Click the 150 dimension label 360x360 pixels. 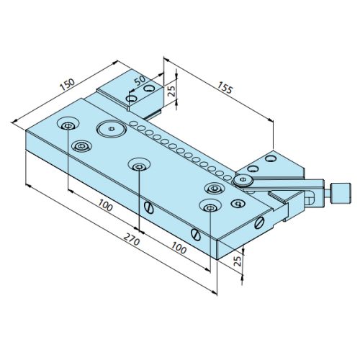tap(67, 86)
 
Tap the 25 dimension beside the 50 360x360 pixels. tap(171, 91)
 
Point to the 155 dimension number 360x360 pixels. tap(224, 90)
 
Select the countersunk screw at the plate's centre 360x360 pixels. tap(138, 166)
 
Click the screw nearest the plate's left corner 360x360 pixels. tap(67, 126)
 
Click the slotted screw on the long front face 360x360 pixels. tap(149, 208)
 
